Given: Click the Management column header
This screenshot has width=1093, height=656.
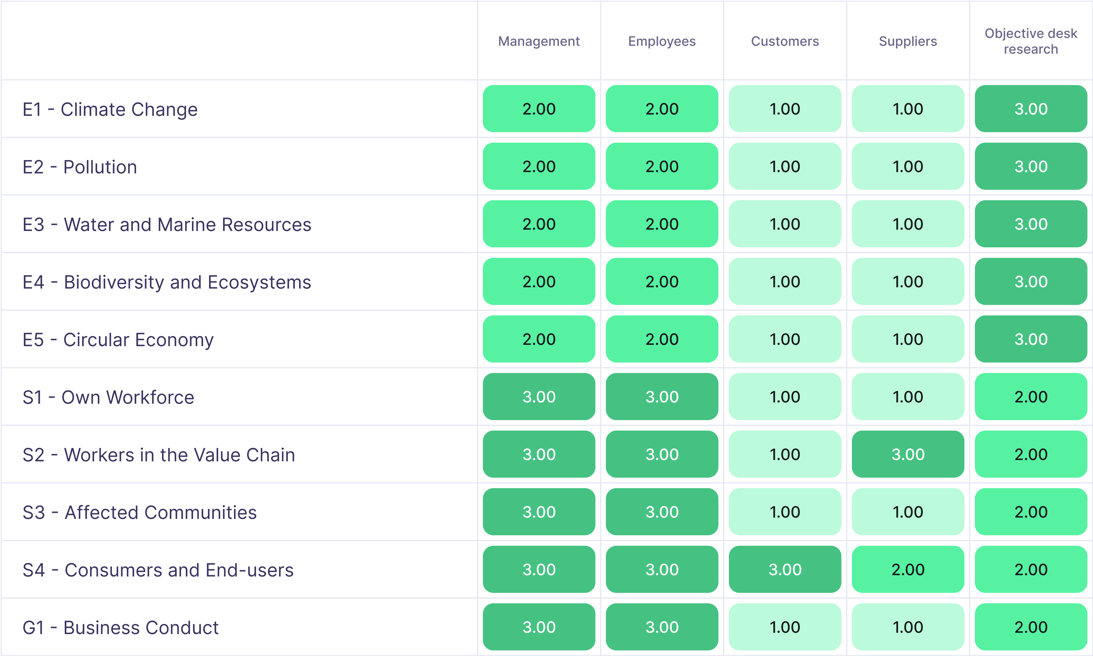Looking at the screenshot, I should pos(539,41).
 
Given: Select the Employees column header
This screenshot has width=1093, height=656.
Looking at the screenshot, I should pos(661,41).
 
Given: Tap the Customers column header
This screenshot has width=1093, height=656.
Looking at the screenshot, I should pos(784,41).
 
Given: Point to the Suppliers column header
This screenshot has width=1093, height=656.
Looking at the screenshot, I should pos(908,41).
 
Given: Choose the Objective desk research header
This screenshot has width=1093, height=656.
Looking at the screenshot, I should pos(1031,41).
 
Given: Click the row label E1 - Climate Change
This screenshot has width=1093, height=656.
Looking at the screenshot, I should pos(110,109).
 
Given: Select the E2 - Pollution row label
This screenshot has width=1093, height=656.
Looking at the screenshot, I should pos(79,167).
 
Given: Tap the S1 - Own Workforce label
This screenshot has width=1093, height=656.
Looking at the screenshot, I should pos(108,397).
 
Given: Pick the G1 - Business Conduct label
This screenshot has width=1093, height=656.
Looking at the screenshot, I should pos(120,627).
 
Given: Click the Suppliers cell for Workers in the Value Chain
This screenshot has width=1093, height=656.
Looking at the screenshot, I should pos(908,454).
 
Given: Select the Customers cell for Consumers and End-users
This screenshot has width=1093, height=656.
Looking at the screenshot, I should pos(784,569).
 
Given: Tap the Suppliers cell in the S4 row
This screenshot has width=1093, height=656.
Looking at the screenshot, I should pos(908,569).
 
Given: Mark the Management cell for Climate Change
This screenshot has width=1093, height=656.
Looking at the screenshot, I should pos(539,109).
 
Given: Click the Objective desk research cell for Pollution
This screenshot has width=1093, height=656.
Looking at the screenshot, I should pos(1031,166).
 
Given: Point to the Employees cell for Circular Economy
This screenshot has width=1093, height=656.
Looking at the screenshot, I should pos(661,339).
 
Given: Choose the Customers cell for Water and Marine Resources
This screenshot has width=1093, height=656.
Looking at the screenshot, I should pos(784,224).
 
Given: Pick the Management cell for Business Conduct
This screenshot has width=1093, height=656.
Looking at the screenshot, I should pos(539,627).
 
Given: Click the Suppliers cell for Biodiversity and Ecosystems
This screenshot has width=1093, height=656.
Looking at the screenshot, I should pos(908,282).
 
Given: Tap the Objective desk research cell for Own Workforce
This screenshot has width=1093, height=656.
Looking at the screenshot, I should pos(1031,397).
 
